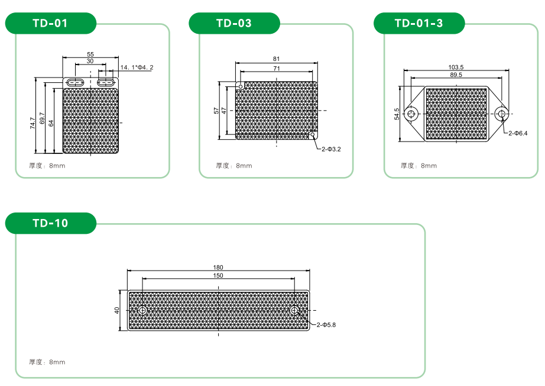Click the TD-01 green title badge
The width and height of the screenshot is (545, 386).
(51, 23)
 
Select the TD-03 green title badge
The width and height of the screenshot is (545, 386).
(234, 23)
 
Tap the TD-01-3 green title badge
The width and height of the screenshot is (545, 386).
(419, 23)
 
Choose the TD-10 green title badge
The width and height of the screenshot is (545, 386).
(51, 223)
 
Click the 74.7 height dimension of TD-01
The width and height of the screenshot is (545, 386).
(33, 123)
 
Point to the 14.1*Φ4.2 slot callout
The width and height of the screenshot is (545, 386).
(137, 67)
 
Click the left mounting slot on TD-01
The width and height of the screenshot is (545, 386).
(75, 82)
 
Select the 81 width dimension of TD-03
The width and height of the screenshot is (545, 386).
(276, 59)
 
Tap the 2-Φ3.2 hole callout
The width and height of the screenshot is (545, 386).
(331, 149)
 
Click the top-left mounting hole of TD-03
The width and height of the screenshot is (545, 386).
(240, 86)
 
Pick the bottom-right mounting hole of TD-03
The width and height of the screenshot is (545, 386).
(313, 135)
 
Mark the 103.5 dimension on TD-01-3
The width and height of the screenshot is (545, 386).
(456, 67)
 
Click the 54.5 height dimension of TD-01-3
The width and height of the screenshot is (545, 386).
(397, 114)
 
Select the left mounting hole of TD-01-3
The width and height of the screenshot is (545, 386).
(412, 114)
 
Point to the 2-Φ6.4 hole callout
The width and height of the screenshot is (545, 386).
(518, 133)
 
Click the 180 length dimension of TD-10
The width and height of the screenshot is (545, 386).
(218, 268)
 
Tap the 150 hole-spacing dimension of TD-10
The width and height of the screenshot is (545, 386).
(218, 276)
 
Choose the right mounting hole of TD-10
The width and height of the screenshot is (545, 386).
(295, 310)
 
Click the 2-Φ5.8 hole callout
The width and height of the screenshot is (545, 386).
(326, 325)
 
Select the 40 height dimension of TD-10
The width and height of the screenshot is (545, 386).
(117, 310)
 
